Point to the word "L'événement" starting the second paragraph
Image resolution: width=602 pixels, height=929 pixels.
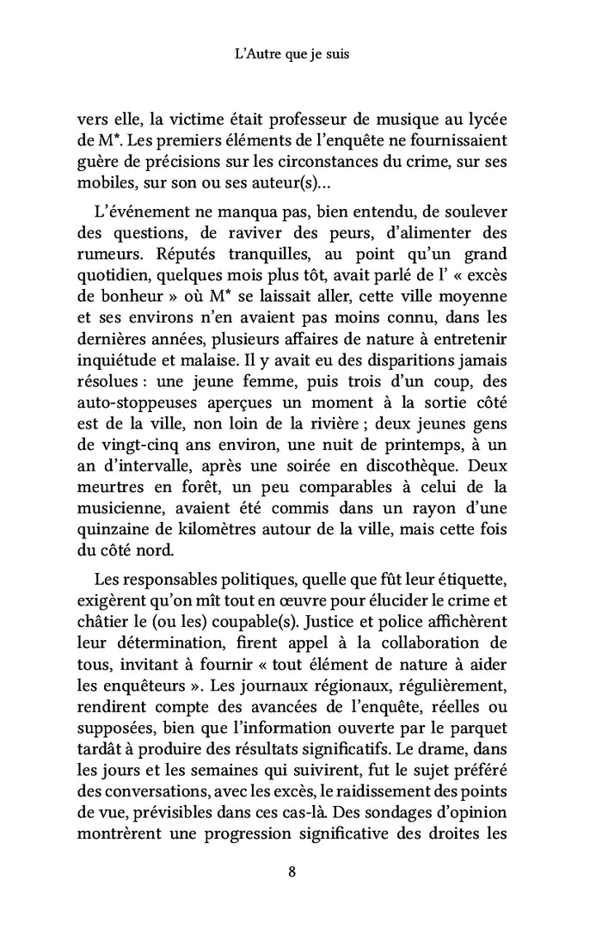click(138, 212)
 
